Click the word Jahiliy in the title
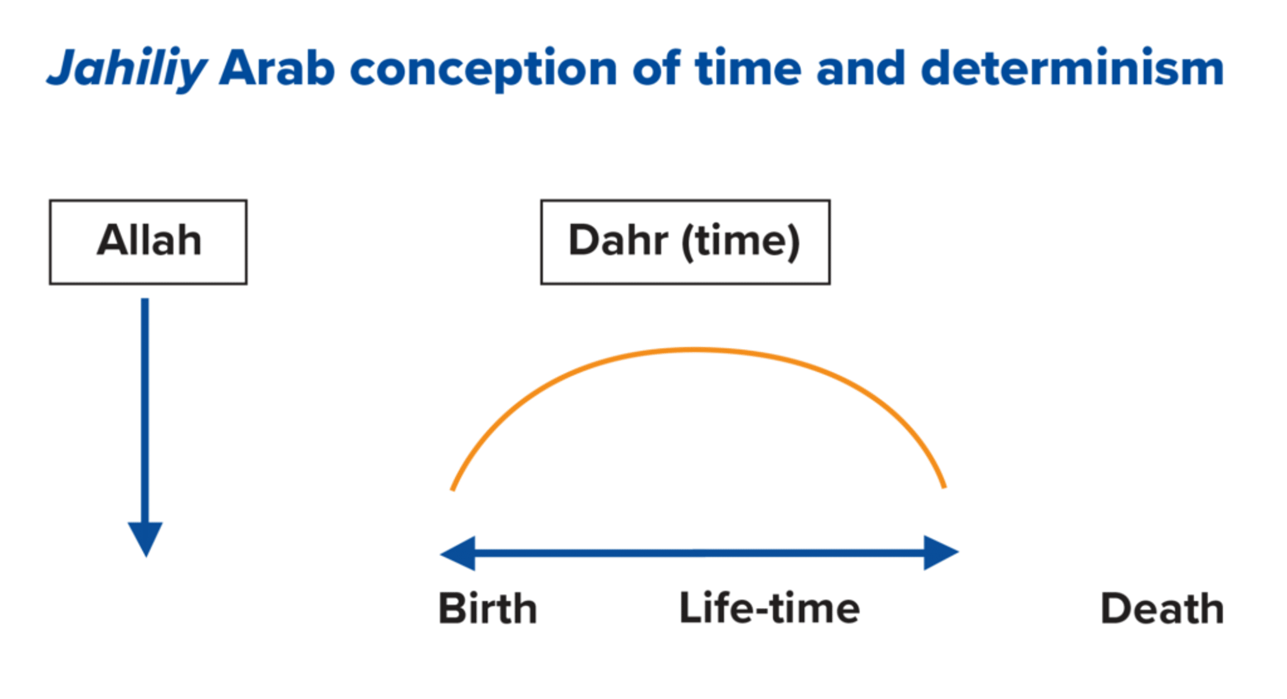(127, 69)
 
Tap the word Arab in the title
(277, 67)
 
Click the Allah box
(148, 242)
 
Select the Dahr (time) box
(685, 242)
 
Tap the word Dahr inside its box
(618, 240)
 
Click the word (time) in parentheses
(741, 242)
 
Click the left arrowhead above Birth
(457, 553)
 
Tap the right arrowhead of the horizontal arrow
(941, 553)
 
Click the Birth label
(488, 608)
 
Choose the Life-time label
(769, 608)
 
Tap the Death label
(1162, 608)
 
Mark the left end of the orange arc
(452, 489)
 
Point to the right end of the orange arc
(944, 487)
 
